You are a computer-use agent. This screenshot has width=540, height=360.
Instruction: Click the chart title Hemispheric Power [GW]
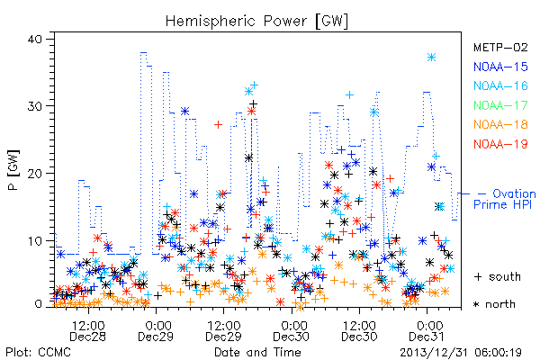(x=256, y=22)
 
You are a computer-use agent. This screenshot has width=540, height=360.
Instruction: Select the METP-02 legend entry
(x=500, y=47)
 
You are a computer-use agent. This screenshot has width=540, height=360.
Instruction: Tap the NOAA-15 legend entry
(x=500, y=67)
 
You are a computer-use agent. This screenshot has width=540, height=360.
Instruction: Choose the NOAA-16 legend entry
(x=500, y=85)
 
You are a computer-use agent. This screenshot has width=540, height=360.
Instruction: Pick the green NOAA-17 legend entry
(x=500, y=105)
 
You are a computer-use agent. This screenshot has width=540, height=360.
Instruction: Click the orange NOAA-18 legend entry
(x=500, y=124)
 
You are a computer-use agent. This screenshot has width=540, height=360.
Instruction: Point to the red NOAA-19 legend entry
(x=500, y=144)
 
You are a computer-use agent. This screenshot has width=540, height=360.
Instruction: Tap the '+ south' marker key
(x=498, y=276)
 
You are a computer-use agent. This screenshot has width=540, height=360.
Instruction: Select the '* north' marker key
(x=494, y=304)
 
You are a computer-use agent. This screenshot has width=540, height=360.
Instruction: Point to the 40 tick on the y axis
(x=35, y=40)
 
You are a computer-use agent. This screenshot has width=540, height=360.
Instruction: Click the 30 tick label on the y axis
(x=35, y=106)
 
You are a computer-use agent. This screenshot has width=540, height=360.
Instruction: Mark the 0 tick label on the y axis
(x=38, y=304)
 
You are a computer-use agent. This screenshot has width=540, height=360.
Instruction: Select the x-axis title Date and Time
(x=257, y=352)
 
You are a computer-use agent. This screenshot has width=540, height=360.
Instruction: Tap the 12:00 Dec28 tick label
(x=88, y=331)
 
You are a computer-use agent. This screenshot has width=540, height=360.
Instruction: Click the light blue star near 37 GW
(x=431, y=58)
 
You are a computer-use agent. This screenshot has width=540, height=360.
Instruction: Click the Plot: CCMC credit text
(x=38, y=352)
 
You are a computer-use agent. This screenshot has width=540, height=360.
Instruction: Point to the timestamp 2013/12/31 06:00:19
(x=461, y=353)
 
